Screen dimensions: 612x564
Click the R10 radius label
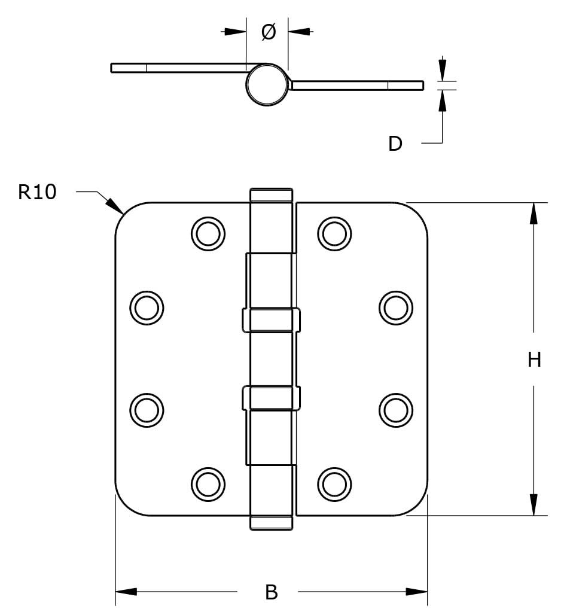pyautogui.click(x=37, y=192)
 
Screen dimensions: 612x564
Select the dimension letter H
pyautogui.click(x=534, y=360)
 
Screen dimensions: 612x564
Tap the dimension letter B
pyautogui.click(x=271, y=592)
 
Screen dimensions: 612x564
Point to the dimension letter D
pyautogui.click(x=395, y=144)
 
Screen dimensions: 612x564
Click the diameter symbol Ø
pyautogui.click(x=269, y=32)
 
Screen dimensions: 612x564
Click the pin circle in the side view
pyautogui.click(x=267, y=84)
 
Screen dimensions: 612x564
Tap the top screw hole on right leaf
pyautogui.click(x=334, y=233)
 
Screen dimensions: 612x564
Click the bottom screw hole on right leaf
pyautogui.click(x=334, y=482)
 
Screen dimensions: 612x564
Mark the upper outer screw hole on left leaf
pyautogui.click(x=146, y=307)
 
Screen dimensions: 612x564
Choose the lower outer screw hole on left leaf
pyautogui.click(x=146, y=409)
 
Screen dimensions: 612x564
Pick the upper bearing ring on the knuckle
pyautogui.click(x=271, y=319)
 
